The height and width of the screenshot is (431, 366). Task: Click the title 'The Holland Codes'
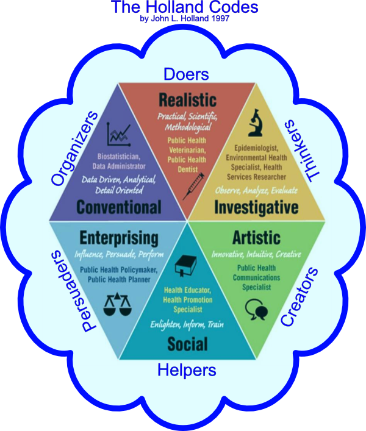[x=184, y=8]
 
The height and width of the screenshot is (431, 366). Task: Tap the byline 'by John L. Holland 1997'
[x=184, y=19]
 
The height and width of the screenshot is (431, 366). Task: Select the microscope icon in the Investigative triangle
[x=256, y=123]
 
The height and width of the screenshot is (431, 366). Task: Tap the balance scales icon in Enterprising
[x=119, y=303]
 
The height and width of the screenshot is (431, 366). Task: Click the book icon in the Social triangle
[x=184, y=266]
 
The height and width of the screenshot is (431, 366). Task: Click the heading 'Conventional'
[x=119, y=207]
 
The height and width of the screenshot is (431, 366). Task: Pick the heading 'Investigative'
[x=256, y=207]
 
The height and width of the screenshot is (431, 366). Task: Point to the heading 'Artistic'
[x=256, y=237]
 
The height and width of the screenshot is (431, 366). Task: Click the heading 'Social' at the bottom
[x=187, y=344]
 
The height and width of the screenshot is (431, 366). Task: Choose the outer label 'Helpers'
[x=187, y=369]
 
